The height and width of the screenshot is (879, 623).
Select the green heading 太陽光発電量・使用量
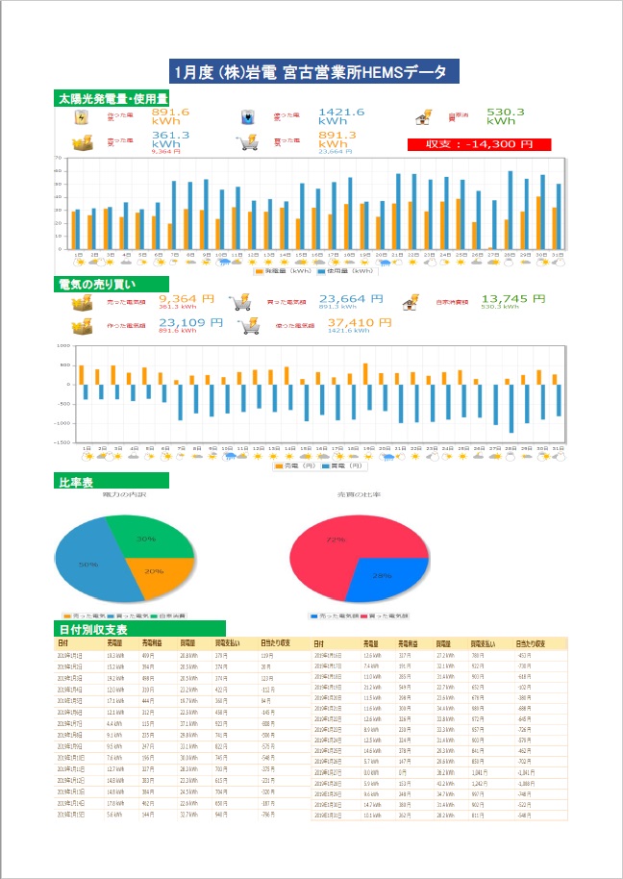[x=112, y=98]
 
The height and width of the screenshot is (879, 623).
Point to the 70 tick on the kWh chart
[x=59, y=158]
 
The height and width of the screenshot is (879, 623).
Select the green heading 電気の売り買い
[x=98, y=284]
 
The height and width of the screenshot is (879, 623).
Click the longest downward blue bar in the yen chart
[x=511, y=409]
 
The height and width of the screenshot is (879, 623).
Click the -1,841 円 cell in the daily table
[x=525, y=771]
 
